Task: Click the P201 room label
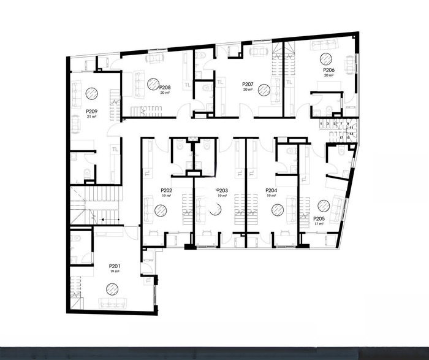(x=114, y=265)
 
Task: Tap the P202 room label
(x=166, y=191)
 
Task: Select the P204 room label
(x=271, y=191)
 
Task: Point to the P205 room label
(x=319, y=218)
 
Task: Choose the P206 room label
(x=329, y=71)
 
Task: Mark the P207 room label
(x=248, y=83)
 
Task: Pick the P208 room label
(x=165, y=88)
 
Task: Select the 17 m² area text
(x=319, y=224)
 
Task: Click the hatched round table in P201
(x=112, y=288)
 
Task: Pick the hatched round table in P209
(x=91, y=93)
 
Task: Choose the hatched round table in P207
(x=264, y=90)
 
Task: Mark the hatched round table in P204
(x=276, y=209)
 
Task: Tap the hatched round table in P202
(x=161, y=210)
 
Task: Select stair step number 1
(x=322, y=123)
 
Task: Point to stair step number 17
(x=341, y=138)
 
